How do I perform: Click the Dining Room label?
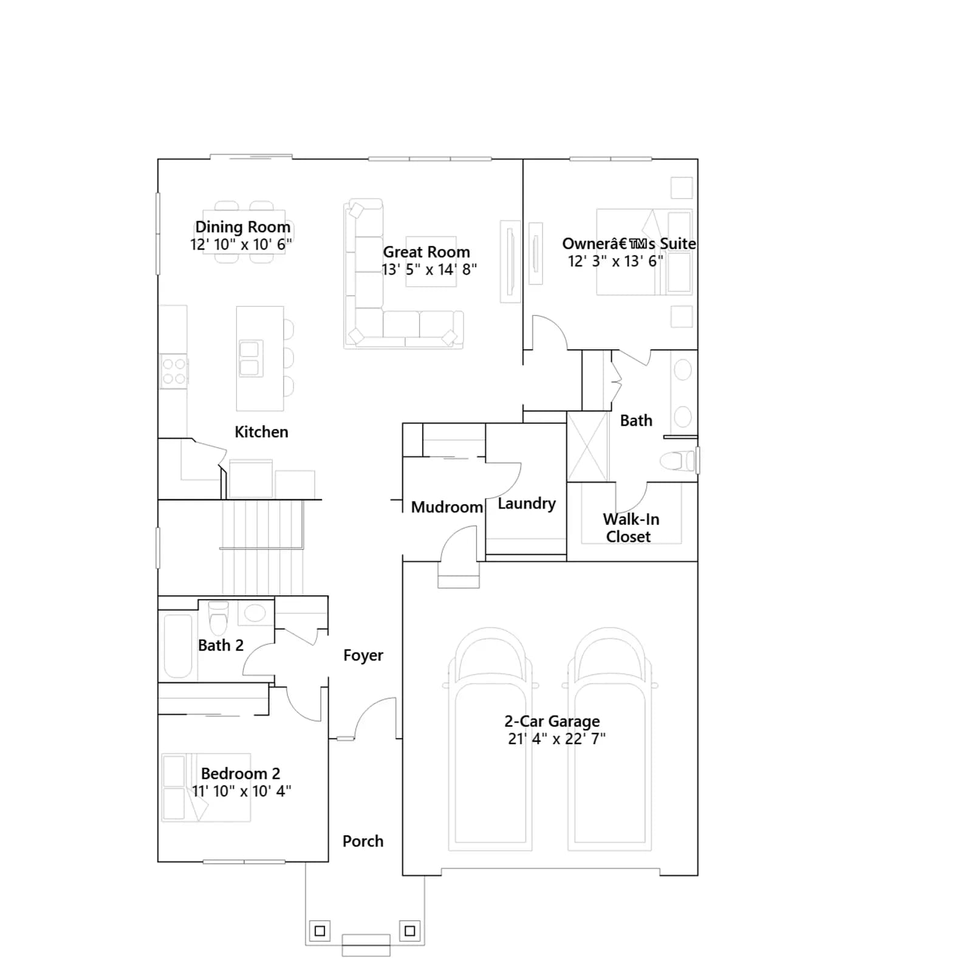pyautogui.click(x=242, y=227)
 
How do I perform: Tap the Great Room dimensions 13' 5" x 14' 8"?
pyautogui.click(x=429, y=269)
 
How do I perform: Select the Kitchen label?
pyautogui.click(x=261, y=432)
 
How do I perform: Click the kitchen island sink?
pyautogui.click(x=249, y=358)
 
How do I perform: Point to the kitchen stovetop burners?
pyautogui.click(x=174, y=371)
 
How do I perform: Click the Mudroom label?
pyautogui.click(x=447, y=507)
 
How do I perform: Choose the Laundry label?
pyautogui.click(x=527, y=504)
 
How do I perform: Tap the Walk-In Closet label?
pyautogui.click(x=631, y=528)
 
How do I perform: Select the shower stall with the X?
pyautogui.click(x=587, y=447)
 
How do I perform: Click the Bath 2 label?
pyautogui.click(x=221, y=645)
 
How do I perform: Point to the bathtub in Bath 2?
pyautogui.click(x=177, y=646)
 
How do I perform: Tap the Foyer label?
pyautogui.click(x=363, y=655)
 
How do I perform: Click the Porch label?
pyautogui.click(x=363, y=841)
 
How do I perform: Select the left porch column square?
pyautogui.click(x=320, y=931)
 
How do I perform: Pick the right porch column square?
pyautogui.click(x=410, y=930)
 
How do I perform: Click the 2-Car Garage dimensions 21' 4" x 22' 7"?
pyautogui.click(x=556, y=739)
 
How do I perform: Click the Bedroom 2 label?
pyautogui.click(x=241, y=774)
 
